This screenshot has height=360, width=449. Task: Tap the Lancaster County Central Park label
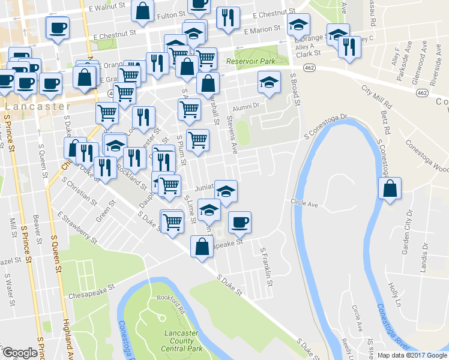tap(182, 340)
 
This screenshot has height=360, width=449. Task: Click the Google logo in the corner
tap(20, 353)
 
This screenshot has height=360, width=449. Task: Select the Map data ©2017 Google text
tap(412, 355)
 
